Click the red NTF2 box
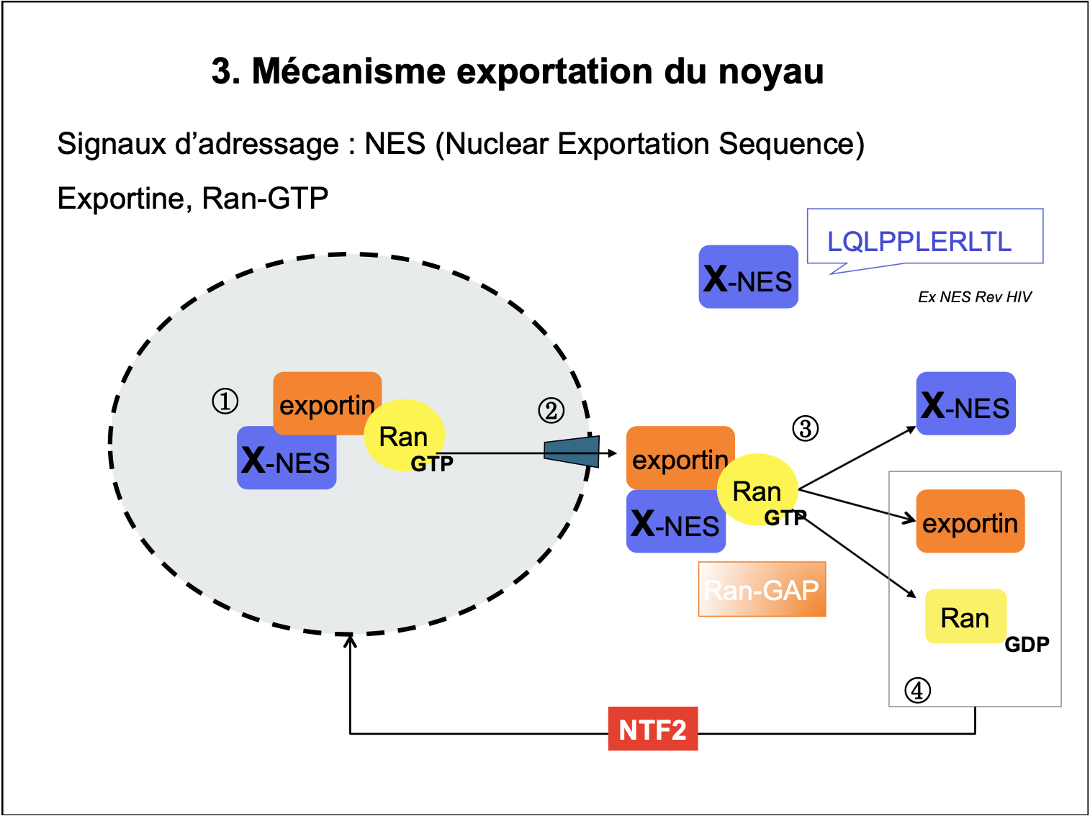(x=652, y=729)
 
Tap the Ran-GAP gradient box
(x=762, y=589)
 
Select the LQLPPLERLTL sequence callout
(x=924, y=237)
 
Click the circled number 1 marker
(x=225, y=401)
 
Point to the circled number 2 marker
(x=551, y=411)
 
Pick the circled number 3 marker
(x=805, y=428)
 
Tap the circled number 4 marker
(x=917, y=690)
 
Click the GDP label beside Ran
(x=1027, y=644)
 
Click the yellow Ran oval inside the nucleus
(x=403, y=435)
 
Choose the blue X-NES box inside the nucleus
(x=286, y=459)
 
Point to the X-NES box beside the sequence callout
(x=748, y=277)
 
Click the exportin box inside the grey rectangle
(x=970, y=522)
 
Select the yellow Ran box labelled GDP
(x=965, y=617)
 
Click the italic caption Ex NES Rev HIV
(x=974, y=296)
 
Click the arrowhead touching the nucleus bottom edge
(x=350, y=640)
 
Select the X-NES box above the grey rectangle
(x=965, y=404)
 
